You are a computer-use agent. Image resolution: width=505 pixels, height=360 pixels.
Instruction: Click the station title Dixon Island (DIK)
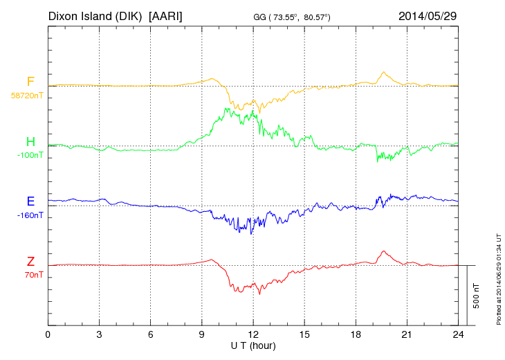pyautogui.click(x=96, y=15)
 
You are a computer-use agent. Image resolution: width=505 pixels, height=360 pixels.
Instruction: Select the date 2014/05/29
pyautogui.click(x=428, y=15)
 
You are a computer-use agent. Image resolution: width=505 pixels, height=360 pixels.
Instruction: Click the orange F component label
pyautogui.click(x=30, y=82)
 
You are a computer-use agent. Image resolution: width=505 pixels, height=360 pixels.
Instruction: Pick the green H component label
pyautogui.click(x=30, y=142)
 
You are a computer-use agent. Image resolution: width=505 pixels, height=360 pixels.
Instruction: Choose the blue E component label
pyautogui.click(x=30, y=201)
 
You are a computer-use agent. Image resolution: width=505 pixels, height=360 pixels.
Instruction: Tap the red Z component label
pyautogui.click(x=30, y=262)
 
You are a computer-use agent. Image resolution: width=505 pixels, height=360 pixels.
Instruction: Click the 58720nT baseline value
pyautogui.click(x=27, y=95)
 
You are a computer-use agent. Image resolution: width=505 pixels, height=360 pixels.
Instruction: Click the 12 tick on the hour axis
pyautogui.click(x=253, y=335)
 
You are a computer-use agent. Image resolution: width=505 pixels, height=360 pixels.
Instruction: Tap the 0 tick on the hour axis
pyautogui.click(x=48, y=335)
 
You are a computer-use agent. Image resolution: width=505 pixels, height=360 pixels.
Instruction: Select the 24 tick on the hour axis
pyautogui.click(x=458, y=335)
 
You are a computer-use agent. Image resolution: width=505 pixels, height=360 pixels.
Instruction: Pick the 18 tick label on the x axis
pyautogui.click(x=356, y=335)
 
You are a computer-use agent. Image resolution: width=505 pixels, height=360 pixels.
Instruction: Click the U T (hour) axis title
pyautogui.click(x=253, y=345)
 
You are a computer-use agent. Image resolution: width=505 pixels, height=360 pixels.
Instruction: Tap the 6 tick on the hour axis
pyautogui.click(x=151, y=335)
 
